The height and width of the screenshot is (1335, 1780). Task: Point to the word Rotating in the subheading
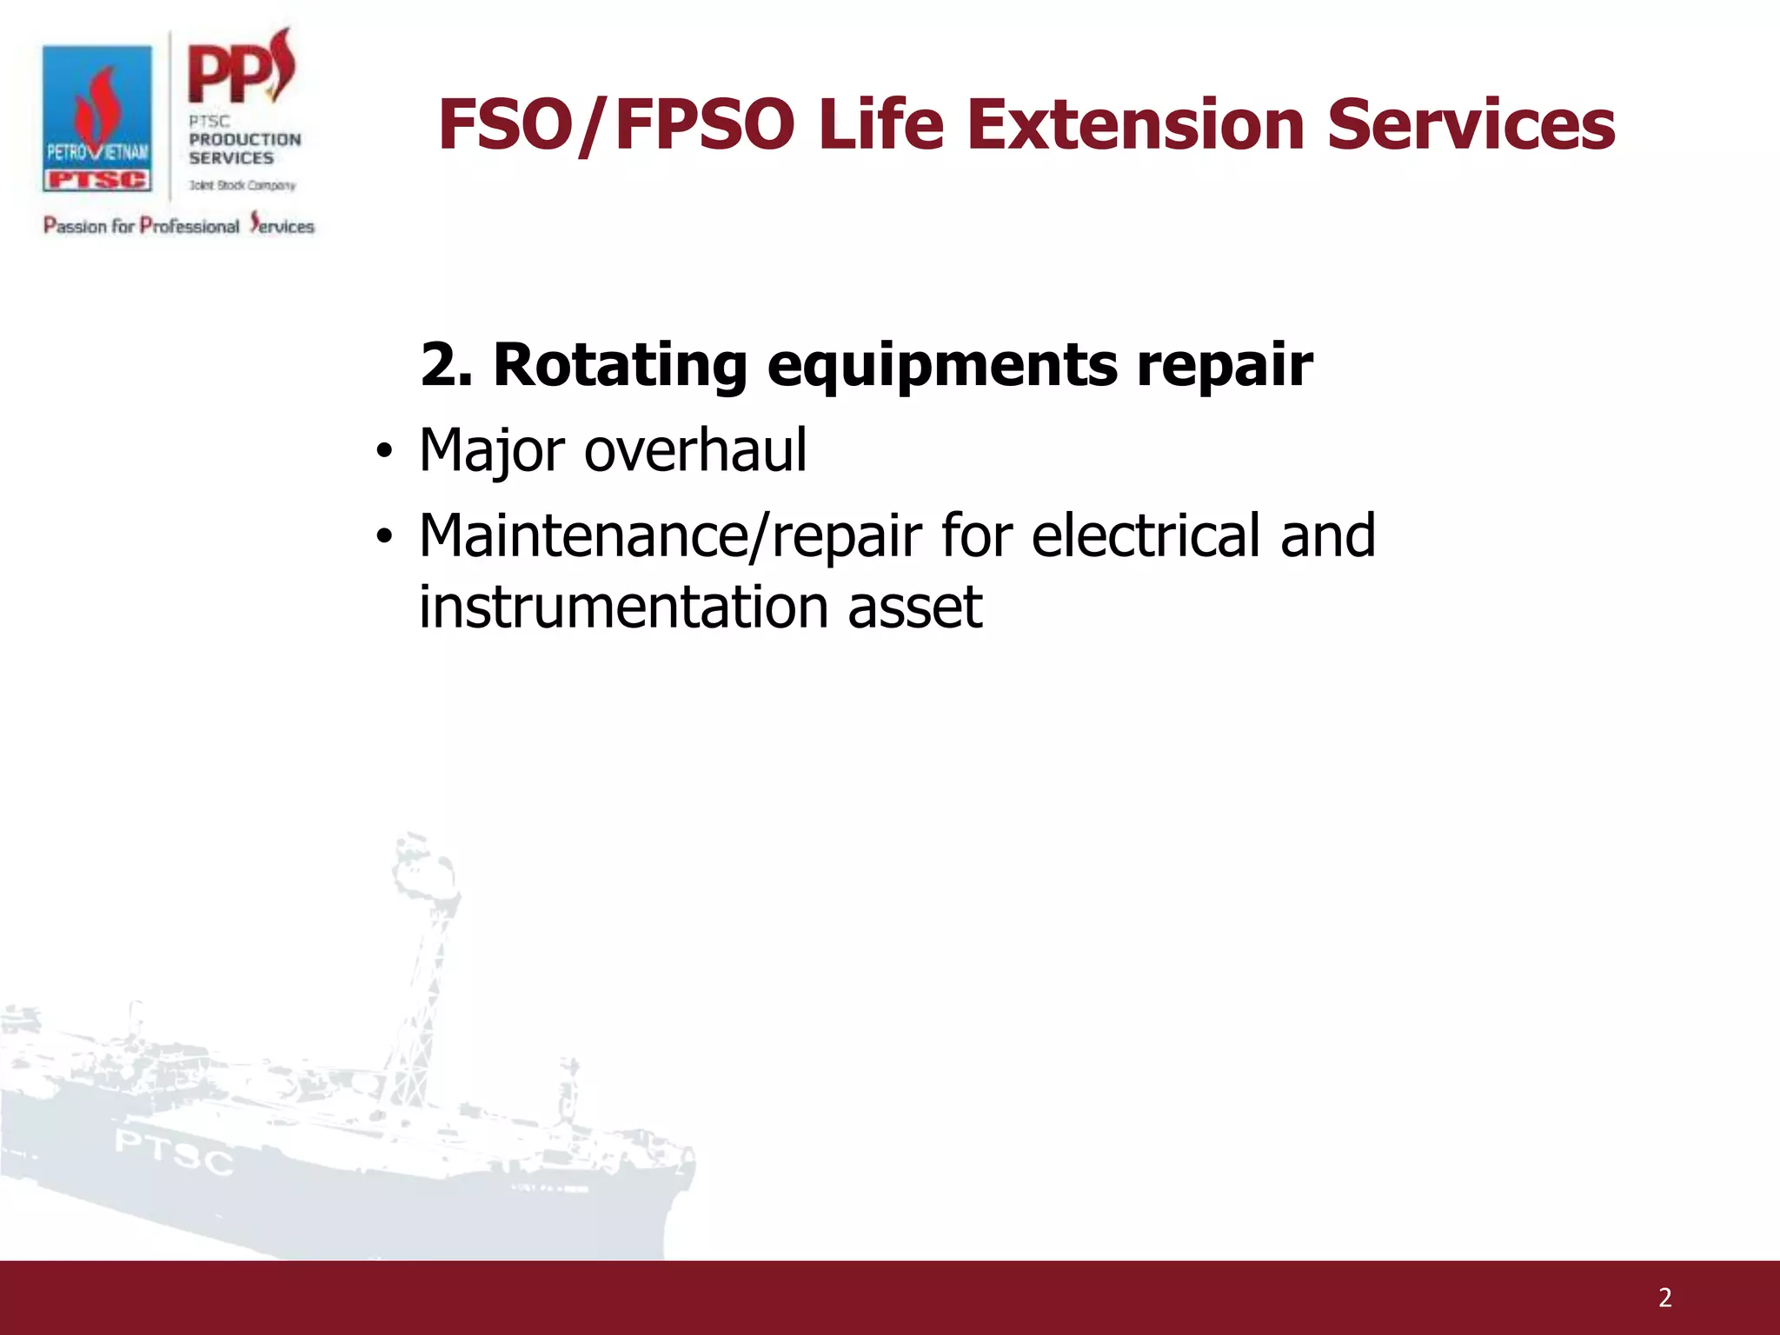click(x=620, y=365)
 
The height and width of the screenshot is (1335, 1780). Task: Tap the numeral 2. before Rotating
click(x=446, y=365)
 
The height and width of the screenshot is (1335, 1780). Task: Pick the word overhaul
click(x=695, y=450)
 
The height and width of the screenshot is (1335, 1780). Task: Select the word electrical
click(x=1146, y=535)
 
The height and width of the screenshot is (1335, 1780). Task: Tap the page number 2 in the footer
click(x=1664, y=1298)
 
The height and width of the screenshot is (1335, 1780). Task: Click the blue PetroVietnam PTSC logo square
click(x=97, y=119)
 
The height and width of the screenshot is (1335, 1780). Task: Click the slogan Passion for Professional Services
click(x=179, y=225)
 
